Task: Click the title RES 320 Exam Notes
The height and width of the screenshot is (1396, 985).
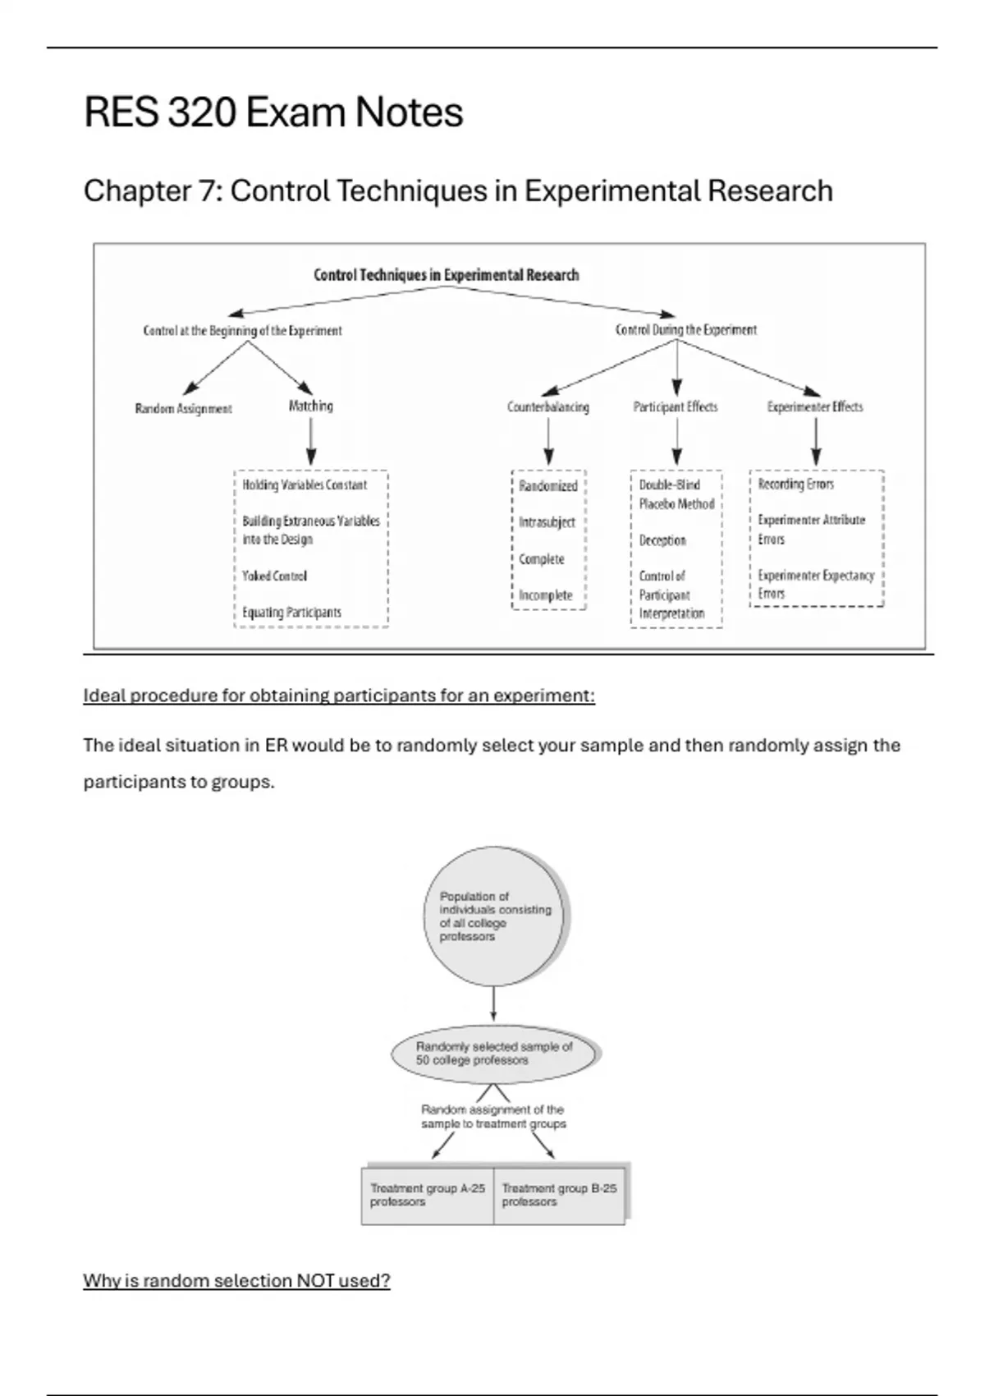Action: (x=273, y=113)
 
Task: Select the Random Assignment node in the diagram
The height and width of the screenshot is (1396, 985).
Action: (x=183, y=409)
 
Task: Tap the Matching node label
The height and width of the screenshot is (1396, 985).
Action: (x=310, y=406)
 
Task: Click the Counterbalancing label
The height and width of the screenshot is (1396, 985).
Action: (x=547, y=406)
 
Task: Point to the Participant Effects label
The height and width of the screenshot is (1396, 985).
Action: (x=675, y=406)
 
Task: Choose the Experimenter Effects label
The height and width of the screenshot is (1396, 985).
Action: (x=814, y=406)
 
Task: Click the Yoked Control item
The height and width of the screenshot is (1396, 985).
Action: (x=274, y=576)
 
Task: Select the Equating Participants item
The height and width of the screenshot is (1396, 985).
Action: (x=291, y=612)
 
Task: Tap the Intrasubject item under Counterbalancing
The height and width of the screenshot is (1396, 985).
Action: (x=547, y=522)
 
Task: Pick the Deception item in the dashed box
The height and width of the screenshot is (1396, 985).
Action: (x=662, y=540)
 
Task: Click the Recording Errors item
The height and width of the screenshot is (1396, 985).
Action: (x=795, y=484)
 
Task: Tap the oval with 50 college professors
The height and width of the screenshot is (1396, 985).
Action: (x=494, y=1054)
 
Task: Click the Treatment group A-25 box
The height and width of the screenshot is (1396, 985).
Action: (x=428, y=1196)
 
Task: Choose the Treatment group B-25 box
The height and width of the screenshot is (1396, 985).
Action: (x=559, y=1196)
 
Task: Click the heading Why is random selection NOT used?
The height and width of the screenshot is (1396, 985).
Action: (x=236, y=1280)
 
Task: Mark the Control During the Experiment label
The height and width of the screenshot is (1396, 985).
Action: (x=686, y=329)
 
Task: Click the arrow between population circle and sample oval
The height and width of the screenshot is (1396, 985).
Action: (x=493, y=1003)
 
